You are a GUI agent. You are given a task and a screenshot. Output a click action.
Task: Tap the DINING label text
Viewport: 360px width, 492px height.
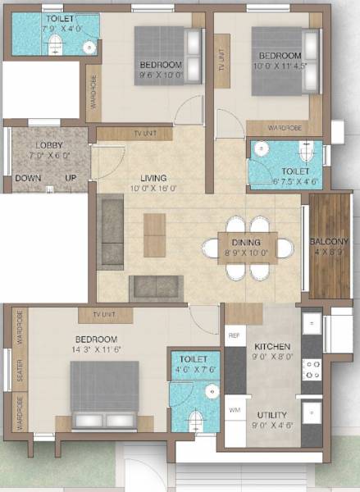(x=245, y=242)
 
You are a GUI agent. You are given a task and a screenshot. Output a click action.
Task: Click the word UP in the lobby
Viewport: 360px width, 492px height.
(x=71, y=178)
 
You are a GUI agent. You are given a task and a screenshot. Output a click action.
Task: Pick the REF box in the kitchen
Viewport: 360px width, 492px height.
(x=234, y=335)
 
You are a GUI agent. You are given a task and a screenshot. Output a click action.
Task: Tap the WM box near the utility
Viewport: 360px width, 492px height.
(x=234, y=408)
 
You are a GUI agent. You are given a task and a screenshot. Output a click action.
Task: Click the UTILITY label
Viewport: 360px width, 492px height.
(x=272, y=415)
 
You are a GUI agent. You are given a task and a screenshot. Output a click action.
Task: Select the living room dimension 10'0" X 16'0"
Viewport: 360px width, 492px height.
(x=153, y=188)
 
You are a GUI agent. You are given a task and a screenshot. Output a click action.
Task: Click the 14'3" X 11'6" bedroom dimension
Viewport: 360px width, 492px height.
(x=97, y=349)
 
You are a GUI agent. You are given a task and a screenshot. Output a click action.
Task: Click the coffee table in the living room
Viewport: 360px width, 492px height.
(x=154, y=235)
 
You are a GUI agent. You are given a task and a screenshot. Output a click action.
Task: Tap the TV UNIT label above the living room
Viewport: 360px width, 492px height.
(x=134, y=133)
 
